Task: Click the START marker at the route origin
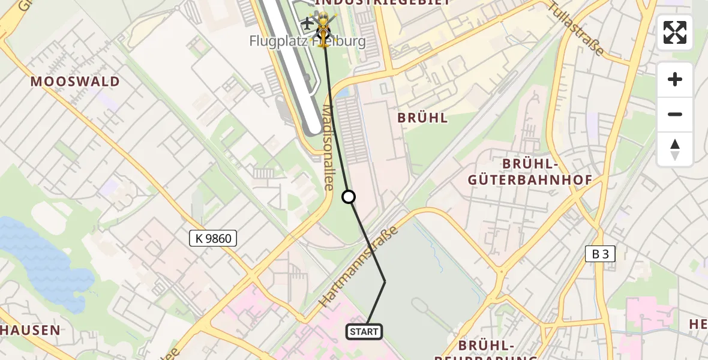(x=364, y=331)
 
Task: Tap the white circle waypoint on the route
(x=349, y=197)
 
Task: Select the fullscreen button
(x=675, y=32)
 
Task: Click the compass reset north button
(x=675, y=149)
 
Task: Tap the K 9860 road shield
(x=213, y=238)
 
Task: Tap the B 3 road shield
(x=600, y=254)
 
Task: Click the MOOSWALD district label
(x=75, y=82)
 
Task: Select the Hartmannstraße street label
(x=359, y=268)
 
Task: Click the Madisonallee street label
(x=328, y=148)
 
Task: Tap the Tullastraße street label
(x=576, y=28)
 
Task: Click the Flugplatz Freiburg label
(x=307, y=41)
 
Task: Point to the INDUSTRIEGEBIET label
(x=382, y=2)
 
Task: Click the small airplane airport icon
(x=307, y=24)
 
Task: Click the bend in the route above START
(x=385, y=281)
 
